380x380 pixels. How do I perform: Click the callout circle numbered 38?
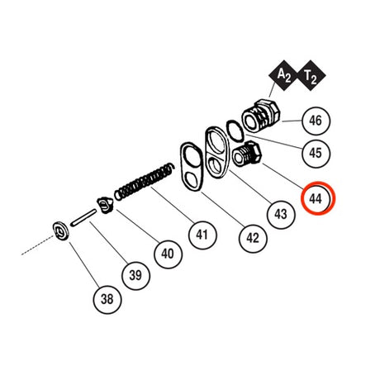pos(107,299)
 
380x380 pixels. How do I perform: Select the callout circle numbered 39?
pos(135,275)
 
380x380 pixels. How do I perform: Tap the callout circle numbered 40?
pos(168,254)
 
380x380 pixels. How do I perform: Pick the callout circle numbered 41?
pos(202,235)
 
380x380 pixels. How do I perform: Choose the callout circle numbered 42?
pos(253,238)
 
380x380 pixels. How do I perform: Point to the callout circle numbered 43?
pos(281,215)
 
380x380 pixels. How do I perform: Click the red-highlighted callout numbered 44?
pos(316,198)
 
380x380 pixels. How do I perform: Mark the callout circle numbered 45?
pos(316,153)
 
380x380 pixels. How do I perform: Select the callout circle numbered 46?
pos(316,121)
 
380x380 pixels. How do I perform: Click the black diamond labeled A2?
pos(283,75)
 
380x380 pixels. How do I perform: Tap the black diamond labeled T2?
pos(311,75)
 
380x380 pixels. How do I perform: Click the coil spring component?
pos(145,182)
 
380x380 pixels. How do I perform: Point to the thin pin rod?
pos(83,218)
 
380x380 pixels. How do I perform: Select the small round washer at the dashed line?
pos(60,230)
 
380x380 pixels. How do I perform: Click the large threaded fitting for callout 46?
pos(261,116)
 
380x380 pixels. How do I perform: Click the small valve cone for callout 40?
pos(105,205)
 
